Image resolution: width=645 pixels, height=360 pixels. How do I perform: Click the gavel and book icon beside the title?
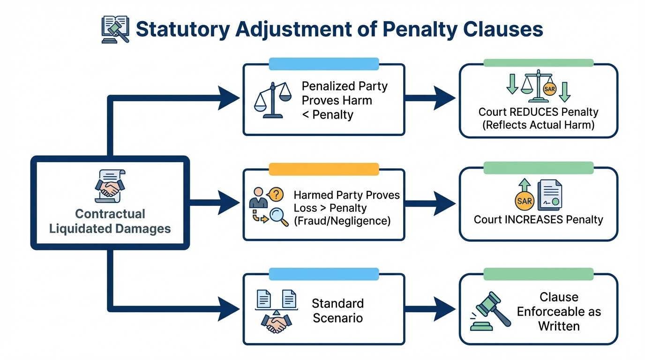coord(115,30)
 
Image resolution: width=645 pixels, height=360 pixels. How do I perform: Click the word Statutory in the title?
coord(183,30)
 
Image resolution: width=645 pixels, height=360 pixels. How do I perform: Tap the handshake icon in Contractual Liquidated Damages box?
coord(110,185)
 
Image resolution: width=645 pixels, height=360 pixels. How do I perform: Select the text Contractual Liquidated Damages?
coord(110,221)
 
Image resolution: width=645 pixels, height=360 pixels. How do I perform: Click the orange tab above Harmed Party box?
coord(323,169)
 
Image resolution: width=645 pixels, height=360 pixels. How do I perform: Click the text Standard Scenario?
coord(337,310)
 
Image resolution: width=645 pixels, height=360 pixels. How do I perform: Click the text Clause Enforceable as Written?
coord(559,311)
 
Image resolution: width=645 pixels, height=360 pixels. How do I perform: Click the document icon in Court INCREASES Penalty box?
coord(550,195)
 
